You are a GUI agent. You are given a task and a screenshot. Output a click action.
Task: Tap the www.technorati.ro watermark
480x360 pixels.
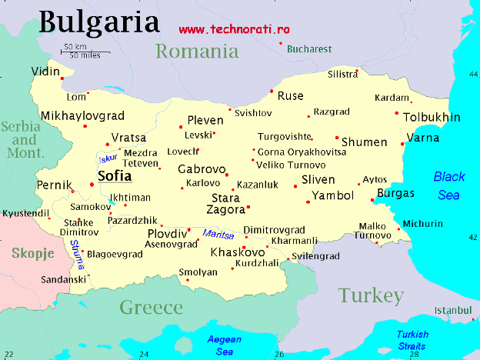(234, 28)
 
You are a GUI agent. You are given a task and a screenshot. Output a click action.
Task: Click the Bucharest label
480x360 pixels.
(308, 48)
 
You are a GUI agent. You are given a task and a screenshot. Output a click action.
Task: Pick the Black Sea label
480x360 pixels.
(448, 185)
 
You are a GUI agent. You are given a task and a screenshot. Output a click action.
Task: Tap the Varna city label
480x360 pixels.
(423, 138)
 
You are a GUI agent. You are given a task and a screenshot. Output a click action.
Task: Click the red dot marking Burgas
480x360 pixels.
(372, 201)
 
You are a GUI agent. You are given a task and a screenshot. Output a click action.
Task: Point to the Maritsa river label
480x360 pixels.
(218, 234)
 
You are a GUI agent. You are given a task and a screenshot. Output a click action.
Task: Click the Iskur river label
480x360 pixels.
(108, 158)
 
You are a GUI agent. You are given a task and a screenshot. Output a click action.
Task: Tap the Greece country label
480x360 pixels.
(151, 308)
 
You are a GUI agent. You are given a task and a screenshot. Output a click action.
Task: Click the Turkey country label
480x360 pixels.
(370, 295)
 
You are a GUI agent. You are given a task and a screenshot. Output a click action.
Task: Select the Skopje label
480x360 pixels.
(32, 252)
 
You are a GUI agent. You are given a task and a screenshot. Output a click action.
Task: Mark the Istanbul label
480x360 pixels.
(452, 309)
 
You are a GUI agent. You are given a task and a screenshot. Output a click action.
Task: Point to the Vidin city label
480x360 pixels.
(45, 72)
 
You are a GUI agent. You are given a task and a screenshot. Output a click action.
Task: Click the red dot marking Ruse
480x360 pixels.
(272, 92)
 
